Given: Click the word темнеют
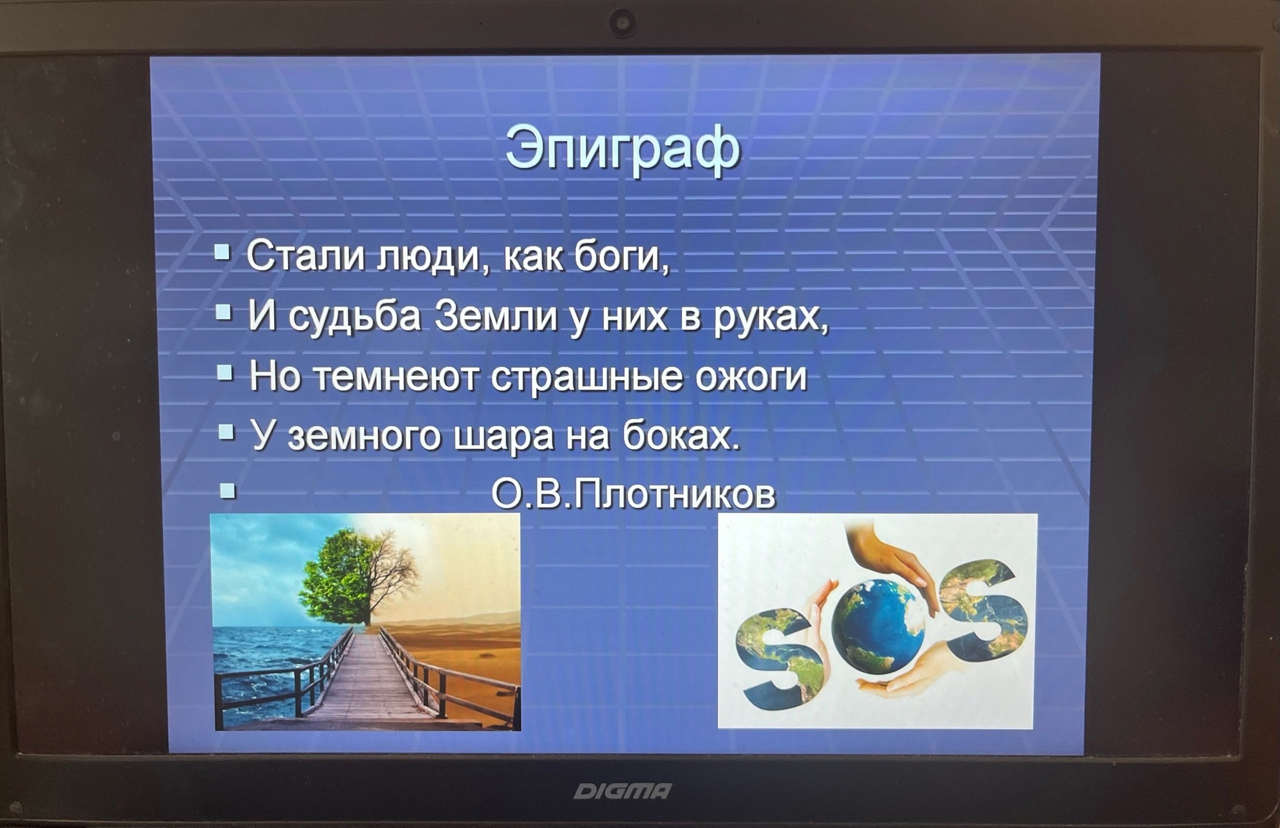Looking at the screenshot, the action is coord(395,377).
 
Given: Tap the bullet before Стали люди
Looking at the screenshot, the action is coord(222,252).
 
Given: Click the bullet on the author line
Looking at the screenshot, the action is coord(228,490).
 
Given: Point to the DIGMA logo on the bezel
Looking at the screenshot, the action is coord(622,791).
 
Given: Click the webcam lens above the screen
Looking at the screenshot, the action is coord(623,24).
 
